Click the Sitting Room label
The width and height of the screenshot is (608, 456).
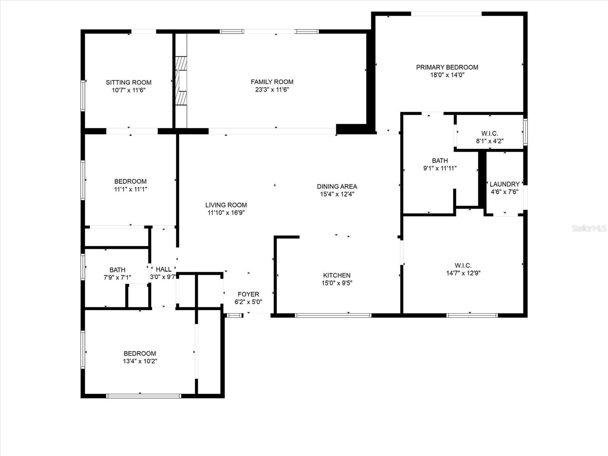tap(128, 82)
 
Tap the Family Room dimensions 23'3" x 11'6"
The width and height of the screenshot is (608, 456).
tap(272, 90)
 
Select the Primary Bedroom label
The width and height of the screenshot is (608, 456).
tap(447, 67)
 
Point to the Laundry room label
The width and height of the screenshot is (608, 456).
tap(504, 184)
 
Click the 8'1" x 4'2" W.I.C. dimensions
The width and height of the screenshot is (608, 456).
tap(490, 141)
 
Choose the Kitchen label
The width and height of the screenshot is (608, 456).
tap(337, 275)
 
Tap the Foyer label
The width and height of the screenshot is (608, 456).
tap(249, 294)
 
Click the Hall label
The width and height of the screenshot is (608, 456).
tap(163, 269)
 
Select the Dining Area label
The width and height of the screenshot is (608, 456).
tap(337, 186)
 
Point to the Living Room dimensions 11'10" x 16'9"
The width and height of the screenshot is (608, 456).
tap(226, 213)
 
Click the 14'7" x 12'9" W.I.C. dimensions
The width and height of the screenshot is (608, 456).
tap(463, 273)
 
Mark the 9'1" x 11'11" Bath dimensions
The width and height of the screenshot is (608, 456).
tap(440, 168)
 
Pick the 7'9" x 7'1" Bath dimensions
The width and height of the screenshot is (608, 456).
tap(117, 277)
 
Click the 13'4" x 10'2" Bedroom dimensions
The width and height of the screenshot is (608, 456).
tap(140, 361)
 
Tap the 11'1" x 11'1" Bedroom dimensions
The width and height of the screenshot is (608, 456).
tap(130, 189)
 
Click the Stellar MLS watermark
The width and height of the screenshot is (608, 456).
tap(589, 228)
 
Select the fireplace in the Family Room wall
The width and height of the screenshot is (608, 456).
tap(181, 81)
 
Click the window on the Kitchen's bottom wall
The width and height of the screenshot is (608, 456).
tap(333, 315)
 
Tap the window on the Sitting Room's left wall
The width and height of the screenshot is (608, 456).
tap(83, 95)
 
